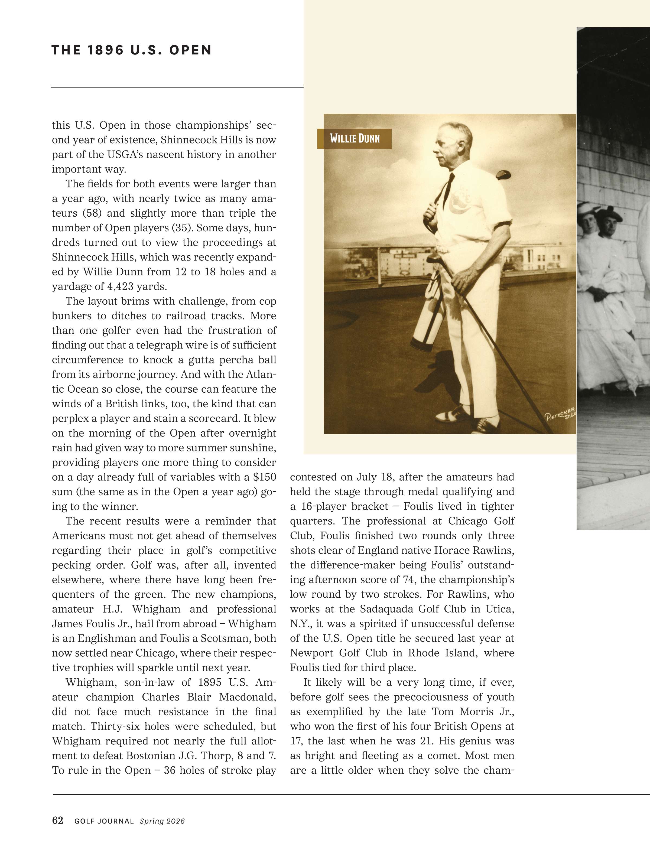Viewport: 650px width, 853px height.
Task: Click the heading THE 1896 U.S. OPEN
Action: point(132,50)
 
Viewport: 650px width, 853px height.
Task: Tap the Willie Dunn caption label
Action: point(355,138)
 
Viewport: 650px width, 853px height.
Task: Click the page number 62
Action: point(58,820)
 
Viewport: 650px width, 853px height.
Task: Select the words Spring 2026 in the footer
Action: point(162,821)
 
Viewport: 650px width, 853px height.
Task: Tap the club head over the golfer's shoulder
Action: point(503,175)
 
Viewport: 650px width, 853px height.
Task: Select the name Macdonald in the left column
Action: point(248,697)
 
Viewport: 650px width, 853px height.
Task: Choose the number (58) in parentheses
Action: point(92,213)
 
